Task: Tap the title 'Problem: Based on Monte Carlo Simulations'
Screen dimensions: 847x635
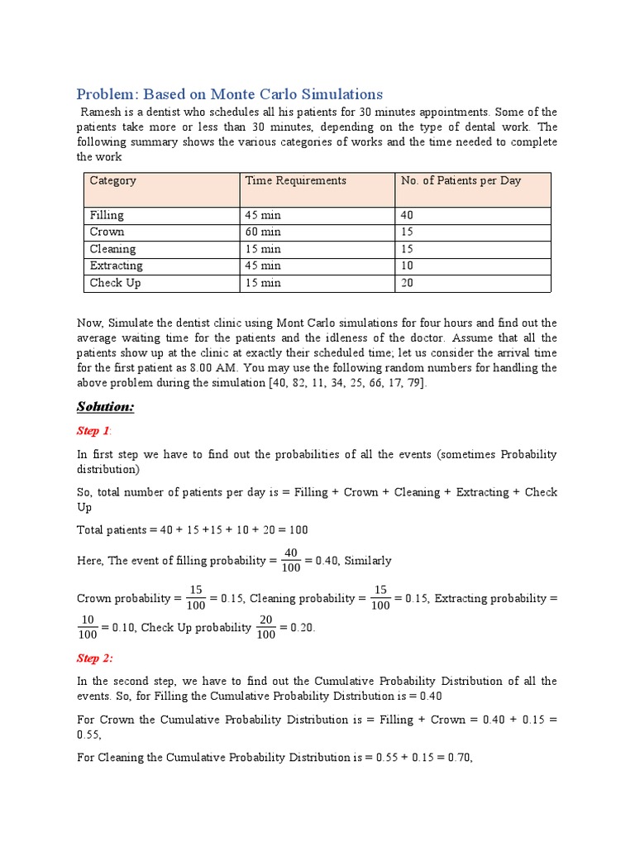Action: (x=230, y=93)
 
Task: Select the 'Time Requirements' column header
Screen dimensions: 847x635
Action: (x=295, y=180)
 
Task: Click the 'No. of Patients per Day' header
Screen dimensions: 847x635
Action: (x=461, y=180)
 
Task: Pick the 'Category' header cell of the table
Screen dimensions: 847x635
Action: (x=113, y=180)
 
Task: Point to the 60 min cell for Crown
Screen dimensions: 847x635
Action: (x=263, y=232)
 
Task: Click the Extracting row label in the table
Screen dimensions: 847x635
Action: (x=116, y=266)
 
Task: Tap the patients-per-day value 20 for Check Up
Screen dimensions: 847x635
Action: (x=408, y=283)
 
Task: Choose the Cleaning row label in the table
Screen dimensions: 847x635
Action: (x=112, y=249)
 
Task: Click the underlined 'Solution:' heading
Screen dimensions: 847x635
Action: (x=105, y=407)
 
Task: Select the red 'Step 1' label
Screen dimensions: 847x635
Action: (x=93, y=431)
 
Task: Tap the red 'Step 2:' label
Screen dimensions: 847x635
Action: (x=95, y=658)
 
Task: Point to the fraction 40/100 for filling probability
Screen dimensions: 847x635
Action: (x=289, y=560)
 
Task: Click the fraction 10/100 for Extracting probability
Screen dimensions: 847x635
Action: (x=87, y=628)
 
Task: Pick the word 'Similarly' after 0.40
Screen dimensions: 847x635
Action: (x=367, y=561)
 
